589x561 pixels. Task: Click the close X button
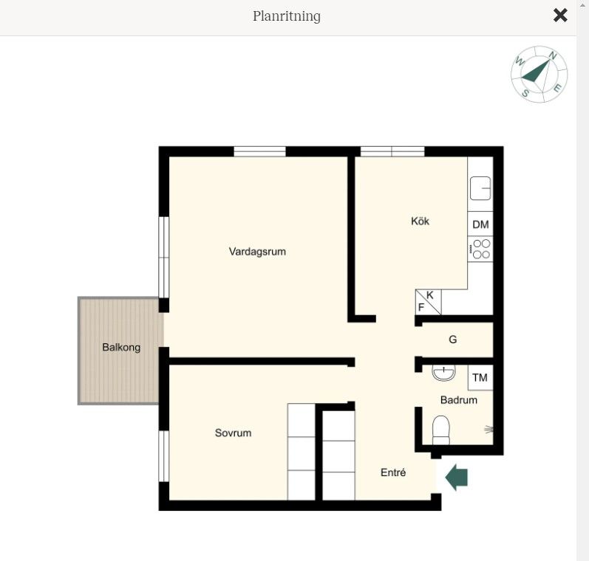click(560, 16)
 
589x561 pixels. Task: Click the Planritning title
click(287, 16)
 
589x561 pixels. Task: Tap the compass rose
click(539, 75)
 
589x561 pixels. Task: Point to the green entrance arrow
click(457, 477)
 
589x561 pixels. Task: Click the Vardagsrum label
click(257, 252)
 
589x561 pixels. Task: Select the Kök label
click(420, 221)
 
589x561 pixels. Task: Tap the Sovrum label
click(233, 433)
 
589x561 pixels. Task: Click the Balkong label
click(121, 347)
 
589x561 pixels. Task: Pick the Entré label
click(393, 472)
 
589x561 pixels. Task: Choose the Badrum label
click(459, 400)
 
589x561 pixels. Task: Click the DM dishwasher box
click(480, 224)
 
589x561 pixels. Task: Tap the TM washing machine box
click(480, 377)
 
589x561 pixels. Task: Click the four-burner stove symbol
click(480, 249)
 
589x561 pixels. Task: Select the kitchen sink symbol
click(480, 188)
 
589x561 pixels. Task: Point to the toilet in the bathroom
click(441, 430)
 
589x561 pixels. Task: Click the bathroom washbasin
click(443, 372)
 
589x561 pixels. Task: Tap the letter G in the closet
click(452, 340)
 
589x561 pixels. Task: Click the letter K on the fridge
click(430, 295)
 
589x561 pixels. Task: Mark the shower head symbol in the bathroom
click(488, 430)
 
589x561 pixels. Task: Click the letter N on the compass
click(553, 55)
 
